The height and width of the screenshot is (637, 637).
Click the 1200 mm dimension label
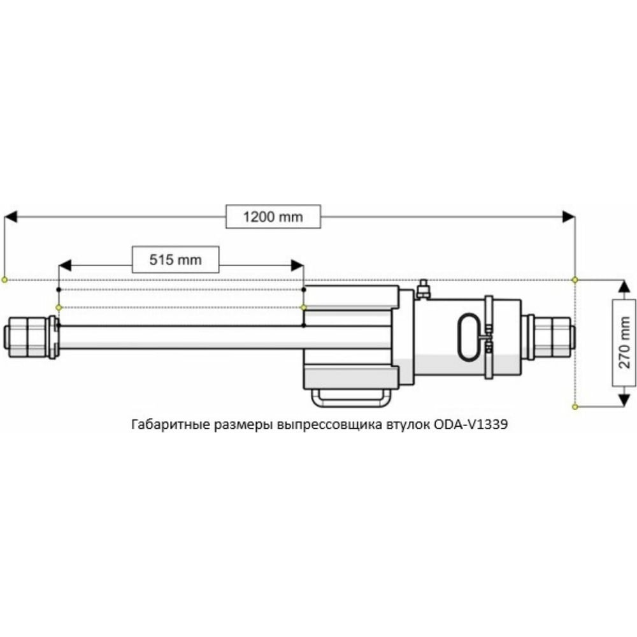tap(273, 217)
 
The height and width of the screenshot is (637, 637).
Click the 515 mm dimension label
tap(176, 260)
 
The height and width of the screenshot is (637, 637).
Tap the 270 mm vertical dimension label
tap(624, 343)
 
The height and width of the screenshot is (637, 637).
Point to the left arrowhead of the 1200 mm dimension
tap(11, 217)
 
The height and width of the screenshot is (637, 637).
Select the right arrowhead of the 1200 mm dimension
tap(568, 217)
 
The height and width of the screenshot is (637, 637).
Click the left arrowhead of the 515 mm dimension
tap(65, 266)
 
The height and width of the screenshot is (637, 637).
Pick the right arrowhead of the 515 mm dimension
tap(297, 266)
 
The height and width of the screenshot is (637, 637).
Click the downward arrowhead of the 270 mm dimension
tap(624, 400)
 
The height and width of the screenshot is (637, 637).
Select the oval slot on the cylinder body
tap(459, 337)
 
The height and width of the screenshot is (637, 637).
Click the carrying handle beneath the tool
tap(351, 397)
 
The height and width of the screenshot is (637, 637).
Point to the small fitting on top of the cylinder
tap(423, 289)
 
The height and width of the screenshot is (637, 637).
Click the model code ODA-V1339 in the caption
tap(471, 424)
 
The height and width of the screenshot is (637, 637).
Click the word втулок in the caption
tap(406, 425)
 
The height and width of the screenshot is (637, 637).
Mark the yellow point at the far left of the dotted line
tap(4, 280)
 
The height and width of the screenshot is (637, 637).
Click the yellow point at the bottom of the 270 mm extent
tap(575, 406)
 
